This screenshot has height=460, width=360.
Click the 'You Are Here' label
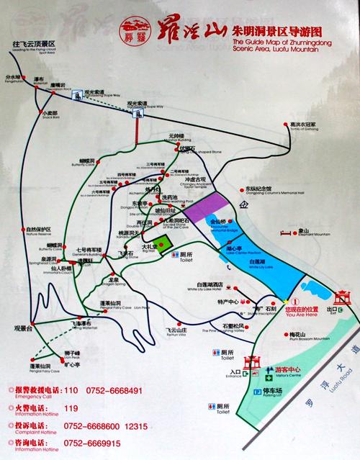pos(302,313)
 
